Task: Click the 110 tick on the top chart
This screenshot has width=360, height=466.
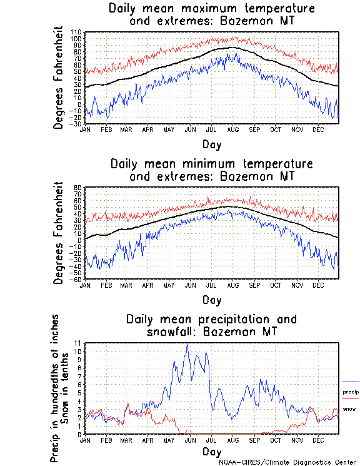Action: pyautogui.click(x=76, y=32)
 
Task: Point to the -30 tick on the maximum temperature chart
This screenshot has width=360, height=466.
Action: pyautogui.click(x=76, y=123)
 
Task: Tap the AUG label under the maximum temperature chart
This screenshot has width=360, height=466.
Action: pyautogui.click(x=232, y=129)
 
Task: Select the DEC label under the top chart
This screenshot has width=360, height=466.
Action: pyautogui.click(x=317, y=129)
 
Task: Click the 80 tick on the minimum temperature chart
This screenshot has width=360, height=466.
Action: pyautogui.click(x=78, y=188)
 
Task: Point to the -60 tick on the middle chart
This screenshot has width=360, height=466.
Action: pyautogui.click(x=76, y=279)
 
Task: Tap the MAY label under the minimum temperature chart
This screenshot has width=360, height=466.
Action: pyautogui.click(x=169, y=285)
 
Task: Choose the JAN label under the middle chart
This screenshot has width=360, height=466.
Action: pyautogui.click(x=85, y=285)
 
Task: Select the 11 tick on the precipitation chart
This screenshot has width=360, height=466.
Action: pyautogui.click(x=77, y=343)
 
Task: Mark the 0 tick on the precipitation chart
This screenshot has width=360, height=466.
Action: pyautogui.click(x=79, y=435)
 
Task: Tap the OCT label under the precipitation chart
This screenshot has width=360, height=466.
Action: pyautogui.click(x=275, y=440)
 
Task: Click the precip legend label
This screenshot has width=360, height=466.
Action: pyautogui.click(x=351, y=392)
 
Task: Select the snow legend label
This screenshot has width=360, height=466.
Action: pyautogui.click(x=350, y=409)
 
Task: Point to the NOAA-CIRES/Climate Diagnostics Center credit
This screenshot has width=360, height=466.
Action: pyautogui.click(x=289, y=462)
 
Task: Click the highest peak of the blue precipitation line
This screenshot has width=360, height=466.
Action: pyautogui.click(x=186, y=344)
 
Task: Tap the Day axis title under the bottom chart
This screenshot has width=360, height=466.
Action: pyautogui.click(x=211, y=451)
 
